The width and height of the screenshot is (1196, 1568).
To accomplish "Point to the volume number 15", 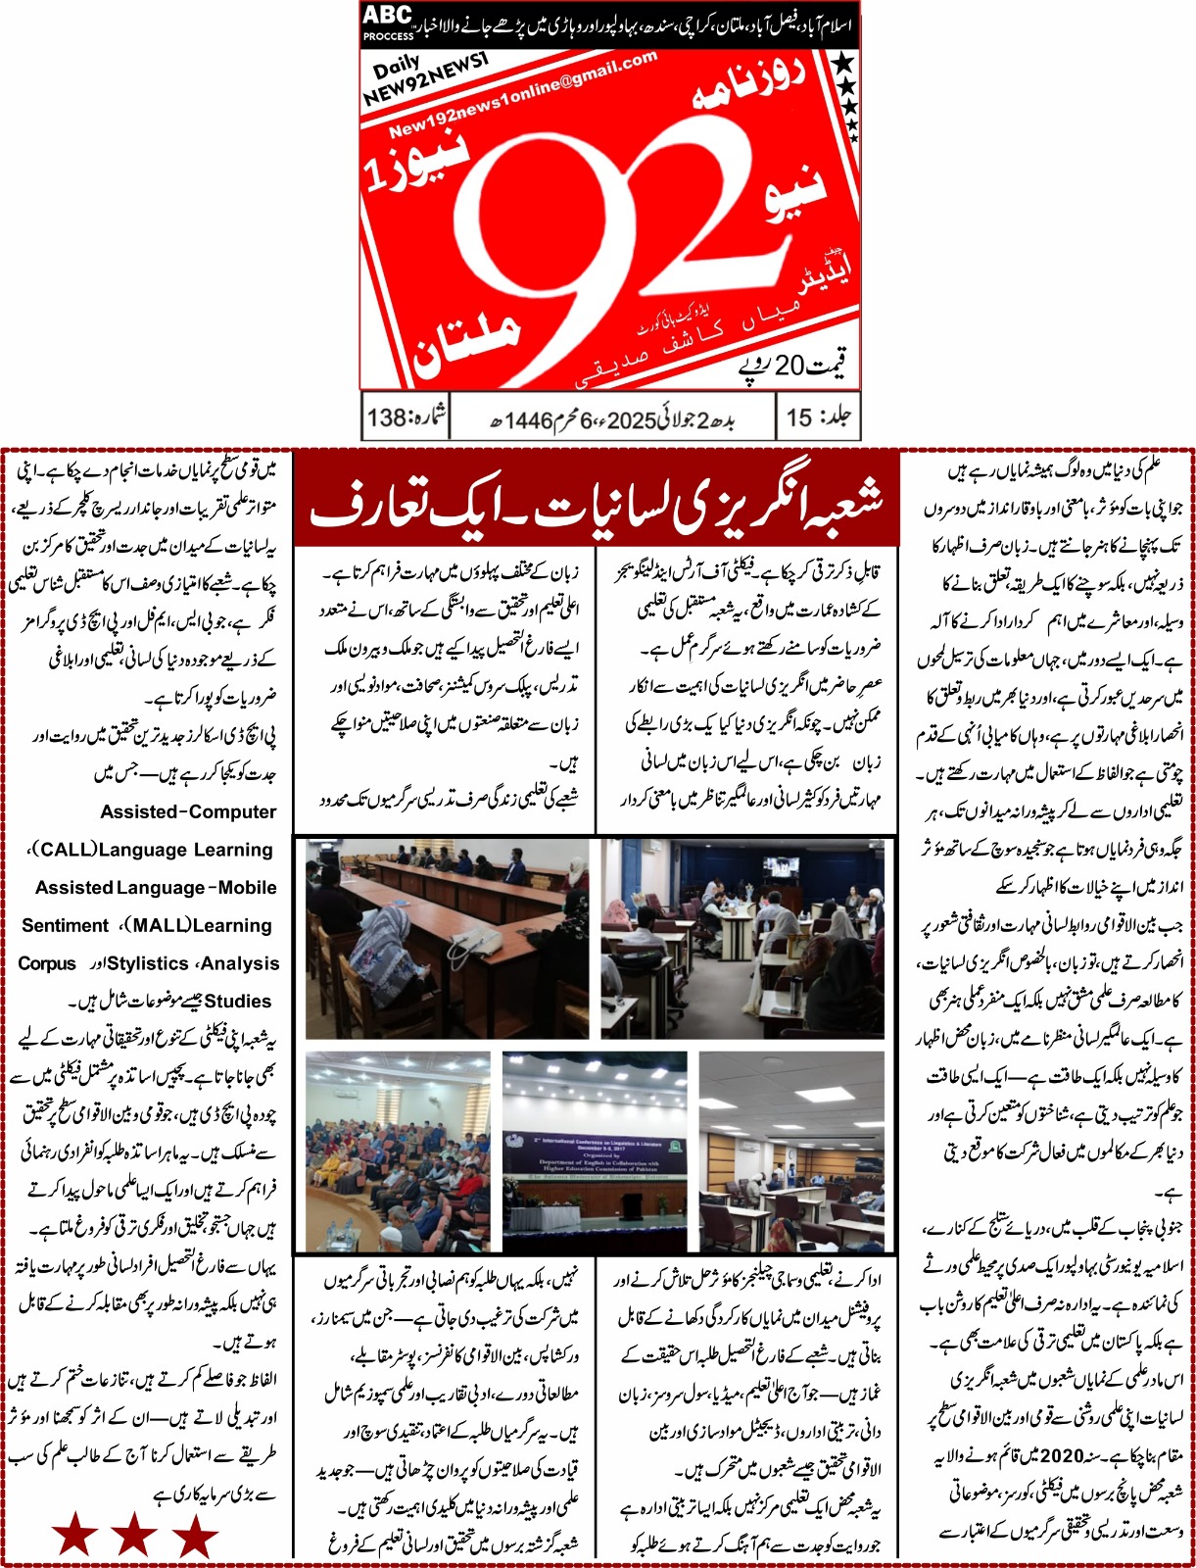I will point(799,417).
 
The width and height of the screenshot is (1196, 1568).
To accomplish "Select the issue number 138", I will point(387,418).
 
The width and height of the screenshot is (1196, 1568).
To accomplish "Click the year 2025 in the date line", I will point(631,420).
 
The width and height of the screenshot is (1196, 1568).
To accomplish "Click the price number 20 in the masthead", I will point(789,367).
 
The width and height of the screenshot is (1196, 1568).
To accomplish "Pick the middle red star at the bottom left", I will point(134,1535).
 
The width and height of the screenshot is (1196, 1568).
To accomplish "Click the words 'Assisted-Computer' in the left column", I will point(188,811).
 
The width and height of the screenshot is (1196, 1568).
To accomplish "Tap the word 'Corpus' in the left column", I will point(47,963).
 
